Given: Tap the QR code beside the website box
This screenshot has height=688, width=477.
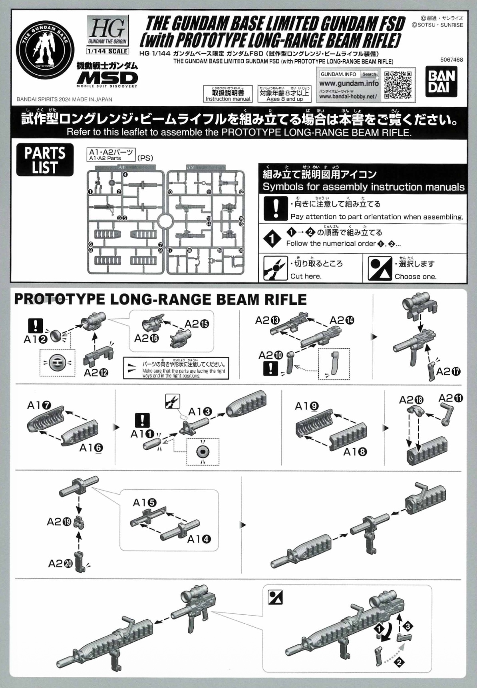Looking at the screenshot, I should pyautogui.click(x=398, y=85).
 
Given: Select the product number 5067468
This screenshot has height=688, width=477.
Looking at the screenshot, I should pyautogui.click(x=451, y=60).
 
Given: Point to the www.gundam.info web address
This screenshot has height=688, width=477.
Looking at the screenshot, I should pyautogui.click(x=349, y=84).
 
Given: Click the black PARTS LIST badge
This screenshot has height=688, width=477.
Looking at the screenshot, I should pyautogui.click(x=45, y=160).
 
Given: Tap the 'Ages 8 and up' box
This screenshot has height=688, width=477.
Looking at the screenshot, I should pyautogui.click(x=284, y=94).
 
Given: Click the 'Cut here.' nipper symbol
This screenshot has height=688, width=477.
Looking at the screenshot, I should pyautogui.click(x=276, y=268).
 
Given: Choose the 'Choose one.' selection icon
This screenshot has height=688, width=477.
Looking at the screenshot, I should pyautogui.click(x=380, y=268).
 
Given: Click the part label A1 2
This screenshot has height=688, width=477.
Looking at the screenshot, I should pyautogui.click(x=36, y=340).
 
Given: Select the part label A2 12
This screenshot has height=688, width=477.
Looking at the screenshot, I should pyautogui.click(x=96, y=373).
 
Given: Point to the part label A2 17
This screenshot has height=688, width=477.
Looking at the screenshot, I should pyautogui.click(x=448, y=372).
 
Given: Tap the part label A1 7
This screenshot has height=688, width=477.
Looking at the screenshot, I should pyautogui.click(x=39, y=406).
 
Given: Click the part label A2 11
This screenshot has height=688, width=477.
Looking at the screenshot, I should pyautogui.click(x=451, y=398).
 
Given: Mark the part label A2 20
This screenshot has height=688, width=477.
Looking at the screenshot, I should pyautogui.click(x=60, y=563).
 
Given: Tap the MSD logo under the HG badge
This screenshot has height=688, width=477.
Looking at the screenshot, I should pyautogui.click(x=107, y=78).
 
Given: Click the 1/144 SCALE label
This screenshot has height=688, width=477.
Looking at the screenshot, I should pyautogui.click(x=107, y=51).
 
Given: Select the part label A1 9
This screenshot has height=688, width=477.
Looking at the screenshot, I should pyautogui.click(x=307, y=406).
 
